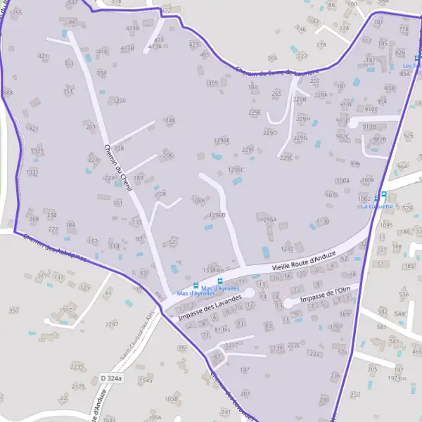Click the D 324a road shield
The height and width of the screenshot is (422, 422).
[x=111, y=378]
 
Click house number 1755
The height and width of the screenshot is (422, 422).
[x=15, y=13]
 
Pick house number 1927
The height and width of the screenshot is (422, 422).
[x=32, y=129]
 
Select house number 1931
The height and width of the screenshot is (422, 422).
[x=32, y=172]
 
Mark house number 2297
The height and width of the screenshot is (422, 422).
[x=111, y=324]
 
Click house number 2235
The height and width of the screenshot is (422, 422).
[x=77, y=367]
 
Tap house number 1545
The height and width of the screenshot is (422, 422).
[x=145, y=381]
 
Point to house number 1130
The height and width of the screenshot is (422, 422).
[x=322, y=222]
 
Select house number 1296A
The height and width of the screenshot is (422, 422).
[x=268, y=219]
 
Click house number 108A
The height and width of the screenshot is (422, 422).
[x=198, y=200]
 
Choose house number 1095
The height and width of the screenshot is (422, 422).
[x=386, y=226]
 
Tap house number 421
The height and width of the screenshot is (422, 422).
[x=44, y=56]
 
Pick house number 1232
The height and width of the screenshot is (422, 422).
[x=287, y=249]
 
